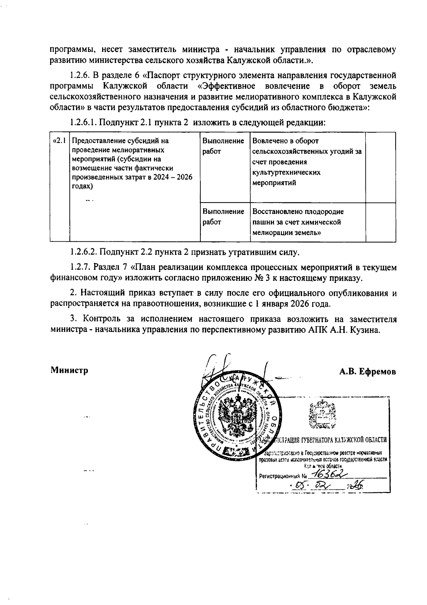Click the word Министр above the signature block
pos(69,370)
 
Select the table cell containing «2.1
pos(59,141)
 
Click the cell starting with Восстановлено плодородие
pos(308,222)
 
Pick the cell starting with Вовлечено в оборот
pos(308,162)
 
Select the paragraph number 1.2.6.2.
pos(84,252)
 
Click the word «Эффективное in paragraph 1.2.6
pos(227,86)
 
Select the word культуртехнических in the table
pos(286,172)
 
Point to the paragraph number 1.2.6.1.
pos(84,123)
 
